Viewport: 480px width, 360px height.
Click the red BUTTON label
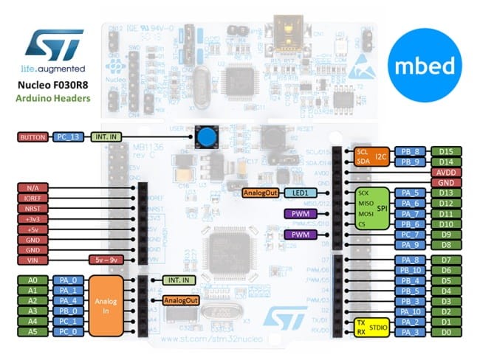32,136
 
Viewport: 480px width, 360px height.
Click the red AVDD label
446,172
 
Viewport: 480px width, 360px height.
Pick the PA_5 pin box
408,193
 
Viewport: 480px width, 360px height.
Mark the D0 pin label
446,333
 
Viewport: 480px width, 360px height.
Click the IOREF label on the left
32,198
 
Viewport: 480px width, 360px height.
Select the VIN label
32,260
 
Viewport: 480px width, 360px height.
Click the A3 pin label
32,311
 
